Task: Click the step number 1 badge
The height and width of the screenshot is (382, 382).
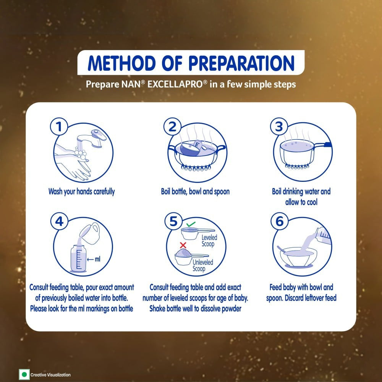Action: point(59,127)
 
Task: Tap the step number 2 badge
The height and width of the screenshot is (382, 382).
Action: point(172,127)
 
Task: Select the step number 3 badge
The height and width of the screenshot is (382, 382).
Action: point(279,126)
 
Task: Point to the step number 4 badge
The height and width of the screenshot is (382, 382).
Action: point(59,221)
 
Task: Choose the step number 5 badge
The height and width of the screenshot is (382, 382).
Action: point(173,221)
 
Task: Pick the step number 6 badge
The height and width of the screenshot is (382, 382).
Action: point(280,221)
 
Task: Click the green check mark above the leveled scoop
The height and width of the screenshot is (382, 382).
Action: point(191,224)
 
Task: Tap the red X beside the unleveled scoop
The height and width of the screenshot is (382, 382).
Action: point(183,245)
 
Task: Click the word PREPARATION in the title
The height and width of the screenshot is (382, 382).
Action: point(241,63)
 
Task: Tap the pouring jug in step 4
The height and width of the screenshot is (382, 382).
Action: point(90,233)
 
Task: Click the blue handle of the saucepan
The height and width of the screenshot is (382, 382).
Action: point(327,145)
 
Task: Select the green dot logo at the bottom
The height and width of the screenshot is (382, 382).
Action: point(24,374)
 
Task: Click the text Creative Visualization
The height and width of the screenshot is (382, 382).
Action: point(50,375)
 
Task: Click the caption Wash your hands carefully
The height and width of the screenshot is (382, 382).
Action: point(81,191)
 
